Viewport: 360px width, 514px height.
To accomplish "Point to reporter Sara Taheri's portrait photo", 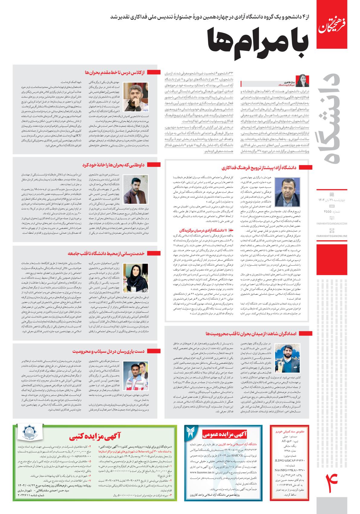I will (302, 81).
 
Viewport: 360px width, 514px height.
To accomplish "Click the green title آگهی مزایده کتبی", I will (95, 438).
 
